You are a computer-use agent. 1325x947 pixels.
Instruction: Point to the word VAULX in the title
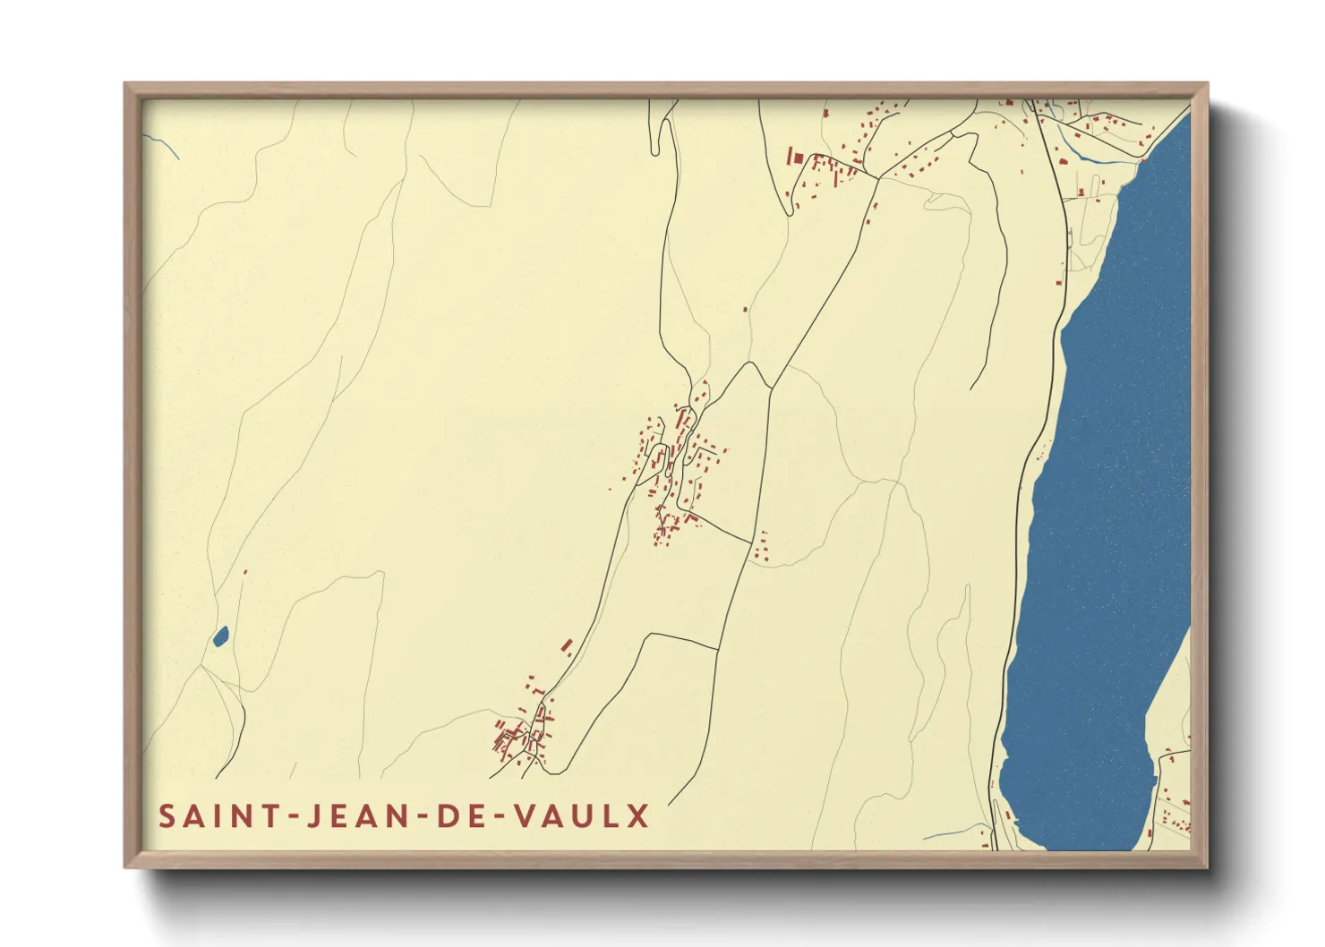tap(581, 816)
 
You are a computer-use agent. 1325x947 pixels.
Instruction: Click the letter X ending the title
tap(638, 816)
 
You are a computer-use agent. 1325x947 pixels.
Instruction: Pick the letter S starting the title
tap(167, 816)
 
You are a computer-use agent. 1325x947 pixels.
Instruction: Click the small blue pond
tap(220, 636)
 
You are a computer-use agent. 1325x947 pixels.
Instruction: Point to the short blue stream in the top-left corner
tap(162, 146)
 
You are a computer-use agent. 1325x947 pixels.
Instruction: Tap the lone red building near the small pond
tap(245, 572)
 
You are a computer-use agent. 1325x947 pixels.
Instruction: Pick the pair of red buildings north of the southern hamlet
tap(567, 646)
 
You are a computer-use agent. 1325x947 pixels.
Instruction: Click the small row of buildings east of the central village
tap(762, 546)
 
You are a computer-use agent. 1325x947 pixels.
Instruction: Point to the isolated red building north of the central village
tap(746, 309)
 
